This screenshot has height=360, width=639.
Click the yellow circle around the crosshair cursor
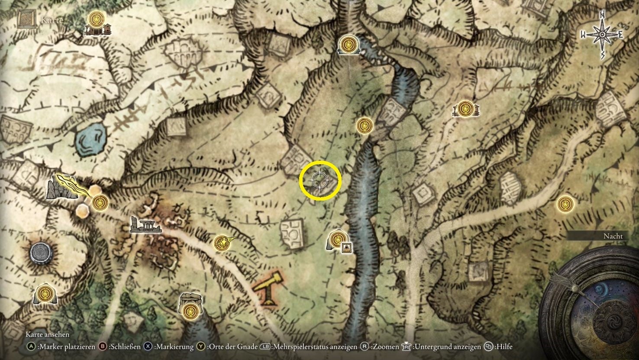[x=321, y=181]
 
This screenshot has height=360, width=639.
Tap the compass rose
[x=602, y=34]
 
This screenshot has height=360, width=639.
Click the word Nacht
[x=613, y=236]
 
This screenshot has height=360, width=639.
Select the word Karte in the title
[x=52, y=20]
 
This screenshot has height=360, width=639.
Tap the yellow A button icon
[x=31, y=347]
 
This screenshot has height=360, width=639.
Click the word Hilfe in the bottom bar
[x=504, y=347]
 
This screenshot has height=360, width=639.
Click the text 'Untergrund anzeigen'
[x=447, y=347]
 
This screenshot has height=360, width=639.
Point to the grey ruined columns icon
[x=146, y=225]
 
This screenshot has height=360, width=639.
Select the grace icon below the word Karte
[x=96, y=19]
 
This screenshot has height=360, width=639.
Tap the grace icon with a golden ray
[x=222, y=243]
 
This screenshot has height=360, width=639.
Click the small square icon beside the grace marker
[x=347, y=247]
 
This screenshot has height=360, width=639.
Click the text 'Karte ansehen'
[x=47, y=334]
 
